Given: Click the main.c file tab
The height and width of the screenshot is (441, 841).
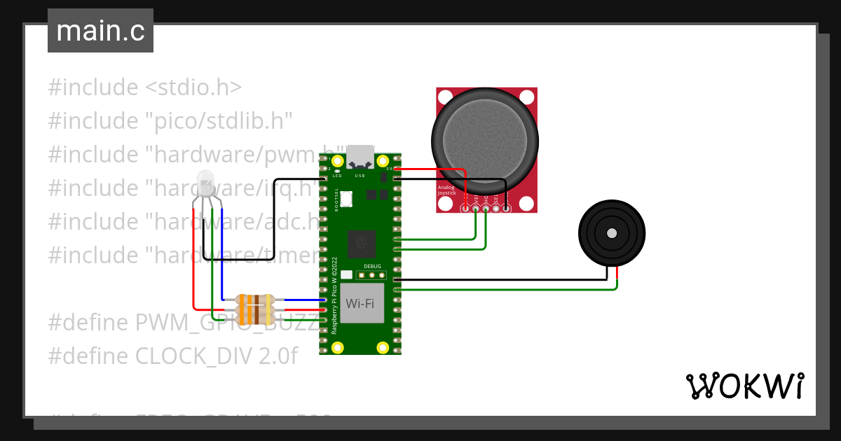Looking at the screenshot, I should point(100,31).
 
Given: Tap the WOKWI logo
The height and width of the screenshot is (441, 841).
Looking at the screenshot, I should point(744,386).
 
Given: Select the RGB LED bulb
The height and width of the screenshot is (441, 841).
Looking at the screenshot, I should point(206,183).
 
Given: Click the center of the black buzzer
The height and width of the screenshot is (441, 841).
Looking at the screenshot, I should point(611,233).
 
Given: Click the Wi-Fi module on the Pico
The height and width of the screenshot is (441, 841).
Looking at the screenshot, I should point(360,303).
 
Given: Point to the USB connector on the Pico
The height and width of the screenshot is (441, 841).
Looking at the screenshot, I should point(361,155).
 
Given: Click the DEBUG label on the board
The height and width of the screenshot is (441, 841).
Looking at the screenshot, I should point(372,267).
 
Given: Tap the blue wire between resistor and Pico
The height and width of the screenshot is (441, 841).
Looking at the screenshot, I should point(301,300).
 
